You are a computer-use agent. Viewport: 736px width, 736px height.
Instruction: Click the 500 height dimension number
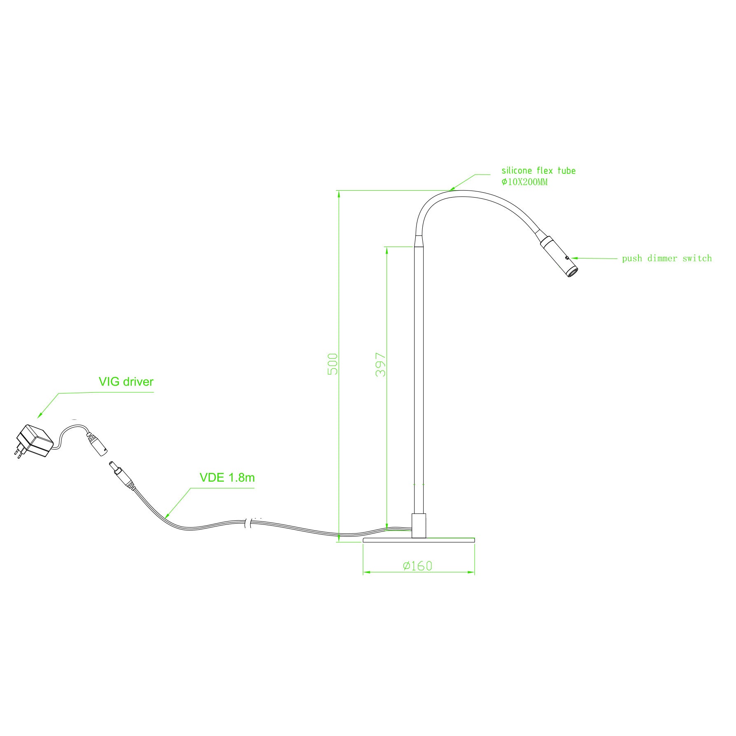333,364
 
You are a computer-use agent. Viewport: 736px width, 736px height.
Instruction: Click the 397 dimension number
381,364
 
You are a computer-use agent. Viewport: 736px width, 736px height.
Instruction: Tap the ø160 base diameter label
417,566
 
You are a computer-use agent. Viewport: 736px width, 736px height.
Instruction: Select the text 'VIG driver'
126,382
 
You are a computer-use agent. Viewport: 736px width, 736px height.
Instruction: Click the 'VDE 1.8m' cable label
227,477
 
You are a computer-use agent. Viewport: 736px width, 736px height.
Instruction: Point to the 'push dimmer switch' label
667,259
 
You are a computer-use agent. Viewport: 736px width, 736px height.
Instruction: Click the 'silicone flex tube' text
538,170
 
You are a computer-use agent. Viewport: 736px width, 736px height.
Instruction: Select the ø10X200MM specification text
524,182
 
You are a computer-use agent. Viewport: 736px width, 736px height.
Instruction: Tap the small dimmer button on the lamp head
567,258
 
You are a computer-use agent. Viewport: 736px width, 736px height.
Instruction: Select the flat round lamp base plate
419,540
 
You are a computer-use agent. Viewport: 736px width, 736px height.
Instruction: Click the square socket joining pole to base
419,525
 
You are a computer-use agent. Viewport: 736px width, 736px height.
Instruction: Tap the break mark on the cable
248,523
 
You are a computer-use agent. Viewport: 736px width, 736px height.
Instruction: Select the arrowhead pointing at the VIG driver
41,415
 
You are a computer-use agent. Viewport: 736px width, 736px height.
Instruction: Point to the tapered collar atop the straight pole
418,241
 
